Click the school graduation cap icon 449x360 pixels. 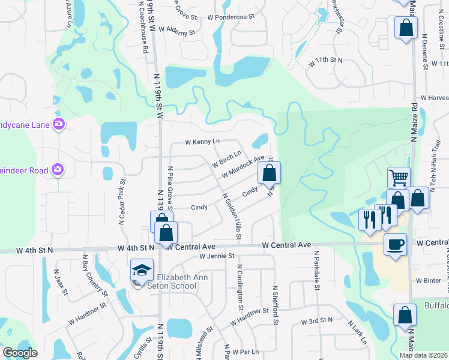142,270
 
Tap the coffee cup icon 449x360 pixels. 395,245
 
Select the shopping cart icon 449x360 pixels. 398,178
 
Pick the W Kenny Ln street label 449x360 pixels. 203,142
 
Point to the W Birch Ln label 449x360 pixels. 227,158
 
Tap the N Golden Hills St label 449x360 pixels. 232,217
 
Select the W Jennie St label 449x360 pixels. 217,256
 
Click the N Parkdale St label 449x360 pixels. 315,270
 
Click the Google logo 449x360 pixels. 20,353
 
